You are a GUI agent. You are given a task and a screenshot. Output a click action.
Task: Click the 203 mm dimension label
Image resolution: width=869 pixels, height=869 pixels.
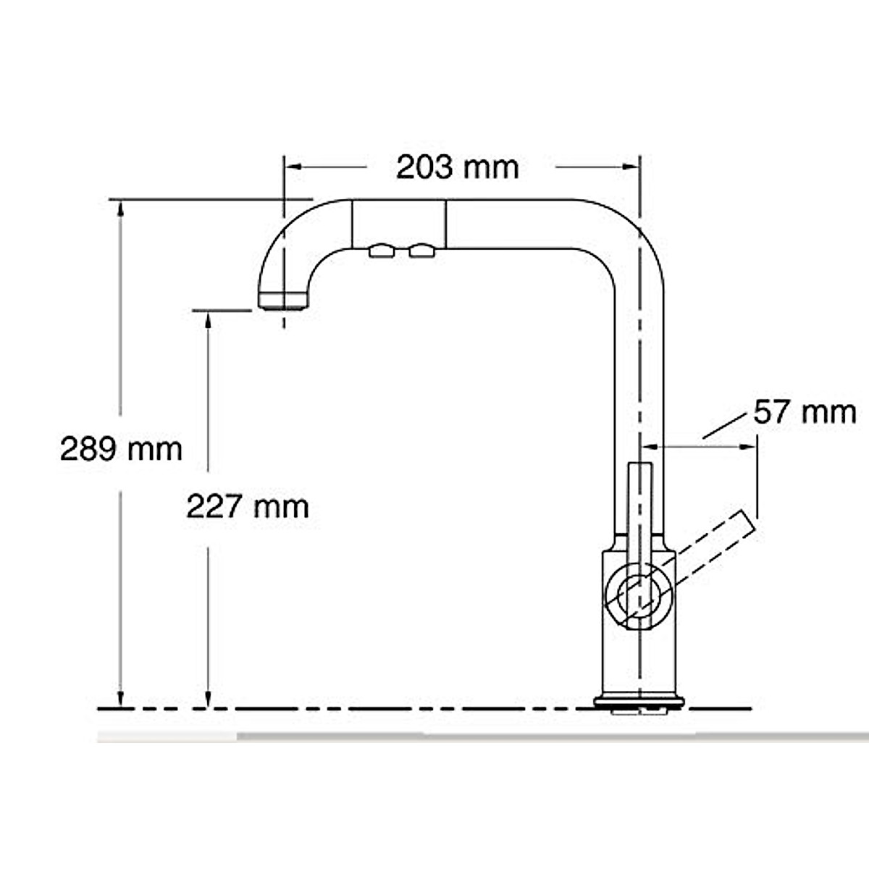457,168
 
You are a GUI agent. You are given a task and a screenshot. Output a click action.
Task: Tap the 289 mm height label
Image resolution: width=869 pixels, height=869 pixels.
121,449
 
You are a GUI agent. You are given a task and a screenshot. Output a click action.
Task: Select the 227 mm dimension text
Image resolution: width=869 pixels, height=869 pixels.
248,506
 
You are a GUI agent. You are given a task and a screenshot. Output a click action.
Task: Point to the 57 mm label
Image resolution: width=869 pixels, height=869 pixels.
805,413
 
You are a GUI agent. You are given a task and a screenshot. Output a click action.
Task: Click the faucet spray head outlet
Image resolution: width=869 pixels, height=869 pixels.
284,300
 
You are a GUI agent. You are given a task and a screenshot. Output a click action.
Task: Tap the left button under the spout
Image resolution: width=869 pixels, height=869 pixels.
382,251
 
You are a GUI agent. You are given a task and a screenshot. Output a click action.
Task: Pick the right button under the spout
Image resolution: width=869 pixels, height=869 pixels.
421,251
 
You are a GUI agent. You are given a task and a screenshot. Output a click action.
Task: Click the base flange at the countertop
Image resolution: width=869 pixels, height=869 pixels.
639,701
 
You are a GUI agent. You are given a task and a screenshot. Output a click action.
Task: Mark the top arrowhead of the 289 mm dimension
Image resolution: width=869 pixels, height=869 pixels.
121,208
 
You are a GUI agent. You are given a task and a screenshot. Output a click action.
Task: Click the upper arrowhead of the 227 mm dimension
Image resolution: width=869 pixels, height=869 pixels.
209,319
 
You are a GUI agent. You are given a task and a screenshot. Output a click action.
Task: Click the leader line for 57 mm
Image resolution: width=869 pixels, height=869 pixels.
724,426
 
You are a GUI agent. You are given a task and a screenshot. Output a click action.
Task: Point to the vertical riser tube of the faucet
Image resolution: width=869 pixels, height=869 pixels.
639,377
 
